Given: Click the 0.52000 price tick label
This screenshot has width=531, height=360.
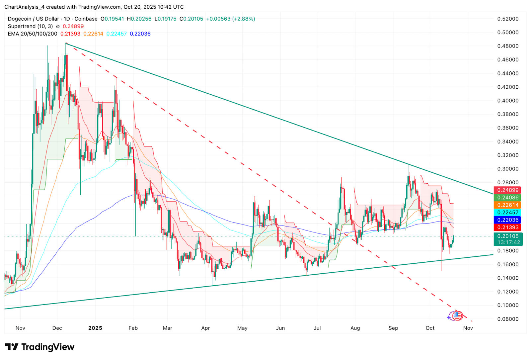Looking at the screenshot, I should coord(508,19).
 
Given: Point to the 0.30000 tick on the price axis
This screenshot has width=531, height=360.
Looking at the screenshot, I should coord(508,169).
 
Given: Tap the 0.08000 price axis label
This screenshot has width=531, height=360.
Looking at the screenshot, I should coord(508,319).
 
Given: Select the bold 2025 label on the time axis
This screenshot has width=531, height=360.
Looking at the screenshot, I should coord(95,328).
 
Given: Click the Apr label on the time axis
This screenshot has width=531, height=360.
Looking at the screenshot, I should coord(205,328).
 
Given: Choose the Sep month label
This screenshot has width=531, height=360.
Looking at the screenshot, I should coord(393,328).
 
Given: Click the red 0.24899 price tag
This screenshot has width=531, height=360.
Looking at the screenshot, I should coord(507,190).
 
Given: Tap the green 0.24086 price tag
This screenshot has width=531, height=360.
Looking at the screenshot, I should coord(507,198).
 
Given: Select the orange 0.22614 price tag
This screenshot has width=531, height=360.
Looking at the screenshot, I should coord(507,205).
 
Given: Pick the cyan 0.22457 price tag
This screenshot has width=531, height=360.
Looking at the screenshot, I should coord(507,213).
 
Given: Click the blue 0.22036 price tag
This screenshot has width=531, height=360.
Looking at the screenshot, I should coord(507,220).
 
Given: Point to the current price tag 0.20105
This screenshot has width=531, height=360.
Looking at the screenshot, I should coord(508,236).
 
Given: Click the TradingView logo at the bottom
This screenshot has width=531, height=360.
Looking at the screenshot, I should coord(40,347).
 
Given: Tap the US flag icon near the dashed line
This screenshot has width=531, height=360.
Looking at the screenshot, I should coord(457,315).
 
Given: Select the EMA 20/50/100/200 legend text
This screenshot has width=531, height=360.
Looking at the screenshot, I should coord(33,34).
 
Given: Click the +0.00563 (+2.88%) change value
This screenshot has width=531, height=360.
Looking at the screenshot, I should coord(230,19).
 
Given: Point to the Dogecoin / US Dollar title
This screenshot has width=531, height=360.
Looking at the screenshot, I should coord(34,19).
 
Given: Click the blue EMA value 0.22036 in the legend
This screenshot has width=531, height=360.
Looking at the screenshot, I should coord(140,34).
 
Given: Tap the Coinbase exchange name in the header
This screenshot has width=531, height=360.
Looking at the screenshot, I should coord(86,19).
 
